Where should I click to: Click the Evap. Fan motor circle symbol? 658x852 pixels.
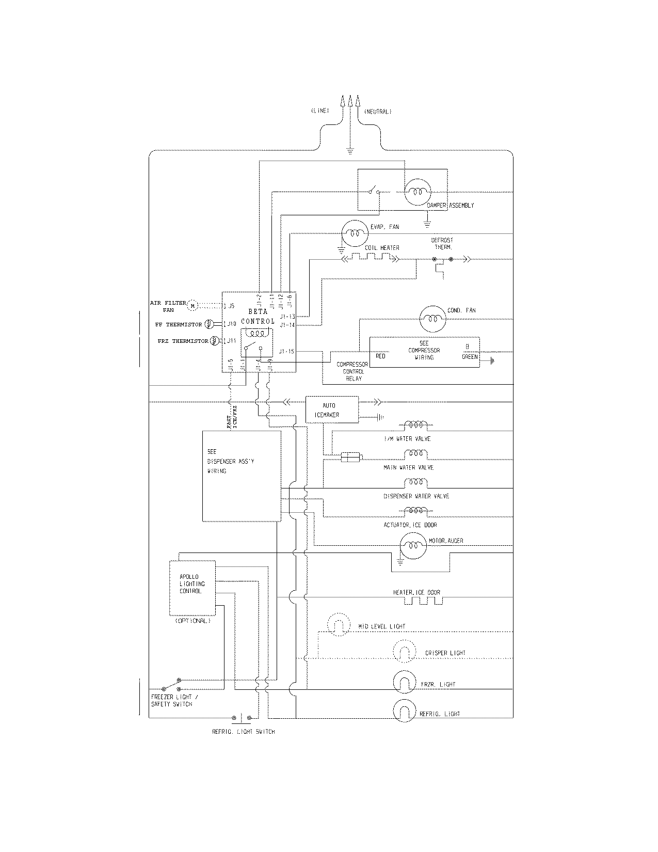click(354, 232)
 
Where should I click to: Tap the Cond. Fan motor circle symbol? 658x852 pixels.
click(432, 319)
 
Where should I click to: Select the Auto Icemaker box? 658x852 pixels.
click(332, 410)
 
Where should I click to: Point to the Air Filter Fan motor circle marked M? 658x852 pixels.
click(192, 306)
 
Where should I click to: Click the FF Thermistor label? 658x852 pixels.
click(179, 325)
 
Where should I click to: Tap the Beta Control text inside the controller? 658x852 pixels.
click(258, 317)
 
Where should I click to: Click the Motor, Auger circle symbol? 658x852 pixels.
click(413, 546)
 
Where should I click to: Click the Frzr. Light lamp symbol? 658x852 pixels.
click(405, 683)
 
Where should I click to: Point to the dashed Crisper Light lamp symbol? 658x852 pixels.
click(405, 652)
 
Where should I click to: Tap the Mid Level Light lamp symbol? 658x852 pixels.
click(339, 625)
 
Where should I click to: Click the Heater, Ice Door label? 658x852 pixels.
click(416, 592)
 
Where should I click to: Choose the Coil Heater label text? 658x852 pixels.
click(382, 248)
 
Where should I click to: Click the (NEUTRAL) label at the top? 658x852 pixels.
click(378, 112)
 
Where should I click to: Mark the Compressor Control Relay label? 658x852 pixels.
click(352, 371)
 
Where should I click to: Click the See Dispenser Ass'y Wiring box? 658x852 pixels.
click(242, 476)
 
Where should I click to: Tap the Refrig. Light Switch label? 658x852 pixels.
click(244, 732)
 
